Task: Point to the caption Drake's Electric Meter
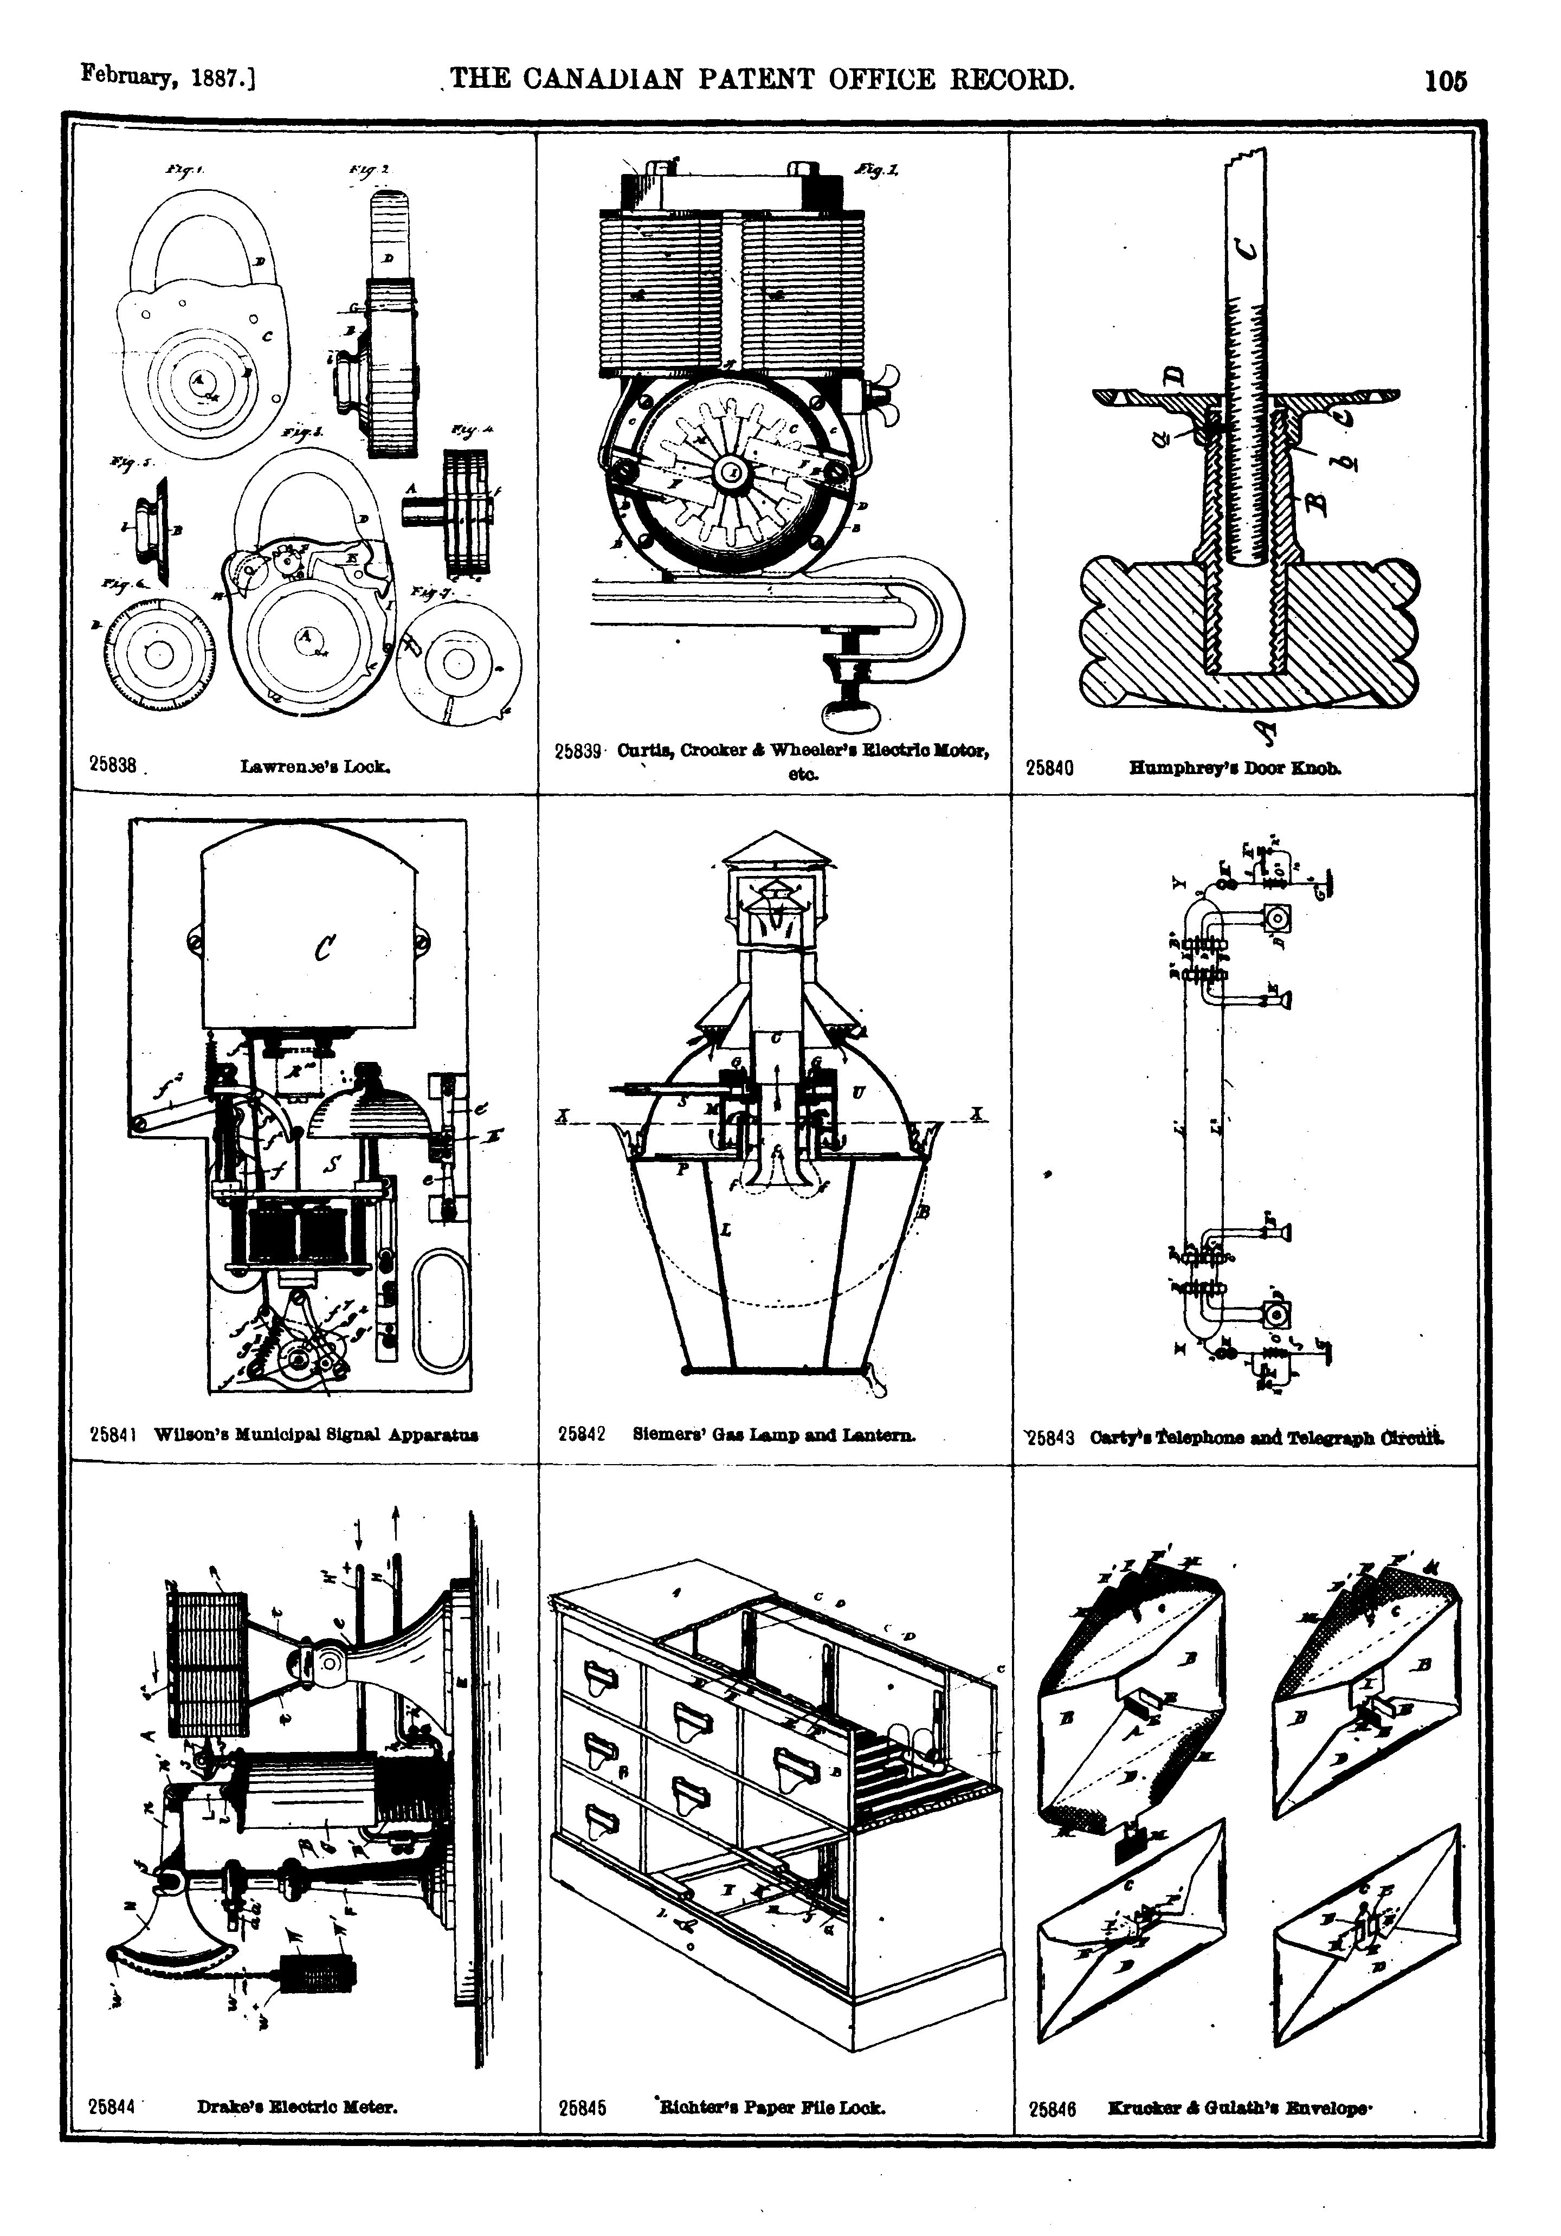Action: point(297,2106)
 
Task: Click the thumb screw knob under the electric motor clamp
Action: point(849,718)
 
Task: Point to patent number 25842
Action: point(582,1434)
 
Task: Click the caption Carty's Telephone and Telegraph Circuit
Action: point(1267,1438)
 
